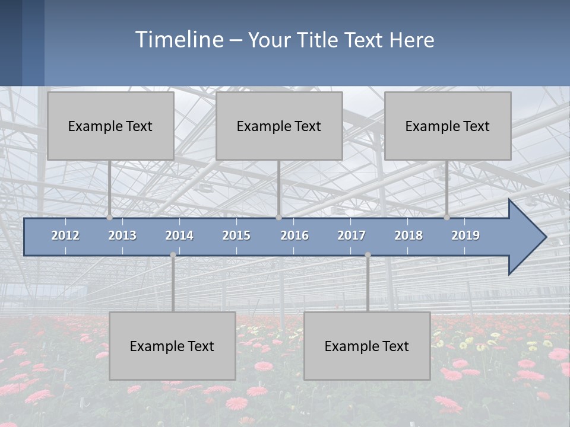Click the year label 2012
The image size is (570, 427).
click(65, 235)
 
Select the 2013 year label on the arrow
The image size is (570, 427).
click(122, 235)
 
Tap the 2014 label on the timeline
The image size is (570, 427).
click(179, 235)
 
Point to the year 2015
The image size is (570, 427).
click(236, 235)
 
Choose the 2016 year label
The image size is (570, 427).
click(294, 235)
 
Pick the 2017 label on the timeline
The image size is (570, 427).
click(351, 235)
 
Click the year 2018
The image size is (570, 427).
click(408, 235)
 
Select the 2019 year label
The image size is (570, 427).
click(465, 235)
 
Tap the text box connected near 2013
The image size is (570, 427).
click(110, 126)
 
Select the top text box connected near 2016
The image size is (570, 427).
click(279, 126)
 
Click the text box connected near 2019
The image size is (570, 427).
click(448, 126)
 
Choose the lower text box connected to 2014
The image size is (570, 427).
click(172, 346)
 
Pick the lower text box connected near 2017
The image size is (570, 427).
click(367, 346)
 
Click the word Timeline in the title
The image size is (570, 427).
click(178, 40)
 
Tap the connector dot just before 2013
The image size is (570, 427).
click(110, 217)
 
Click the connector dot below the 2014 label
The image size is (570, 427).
click(173, 255)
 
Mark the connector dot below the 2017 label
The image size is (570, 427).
click(368, 255)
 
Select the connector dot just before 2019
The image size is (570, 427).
click(447, 217)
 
